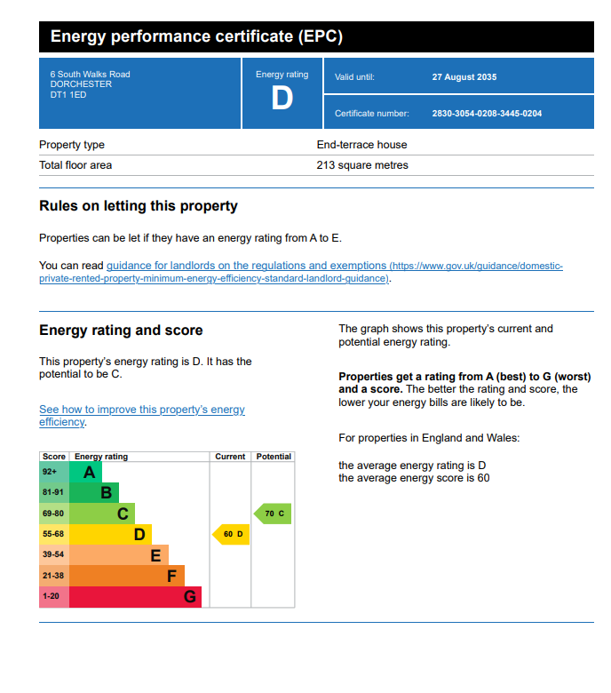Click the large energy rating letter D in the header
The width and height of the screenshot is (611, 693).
[x=282, y=99]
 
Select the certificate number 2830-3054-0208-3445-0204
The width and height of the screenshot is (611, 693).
[x=487, y=114]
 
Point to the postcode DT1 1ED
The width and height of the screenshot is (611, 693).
[x=69, y=94]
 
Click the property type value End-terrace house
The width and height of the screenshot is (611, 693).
[x=361, y=145]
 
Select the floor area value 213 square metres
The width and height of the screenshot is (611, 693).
[x=362, y=165]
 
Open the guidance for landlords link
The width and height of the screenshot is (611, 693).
[x=246, y=266]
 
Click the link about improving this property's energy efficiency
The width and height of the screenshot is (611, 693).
[x=141, y=410]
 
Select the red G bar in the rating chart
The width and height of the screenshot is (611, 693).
[x=135, y=597]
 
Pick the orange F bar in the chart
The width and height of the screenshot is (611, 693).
[x=126, y=576]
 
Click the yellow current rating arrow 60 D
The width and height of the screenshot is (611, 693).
[x=231, y=534]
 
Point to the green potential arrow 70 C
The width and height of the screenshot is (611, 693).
[x=274, y=514]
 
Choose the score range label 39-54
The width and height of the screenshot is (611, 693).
[x=53, y=554]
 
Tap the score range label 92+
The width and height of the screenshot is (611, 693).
[x=49, y=472]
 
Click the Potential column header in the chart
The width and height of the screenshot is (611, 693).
[x=274, y=457]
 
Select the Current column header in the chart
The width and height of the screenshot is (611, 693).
[x=230, y=457]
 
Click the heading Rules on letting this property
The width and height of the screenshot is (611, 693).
[x=139, y=206]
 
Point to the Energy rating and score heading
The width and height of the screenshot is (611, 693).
[x=121, y=331]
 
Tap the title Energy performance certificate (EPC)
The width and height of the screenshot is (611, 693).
[x=196, y=37]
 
